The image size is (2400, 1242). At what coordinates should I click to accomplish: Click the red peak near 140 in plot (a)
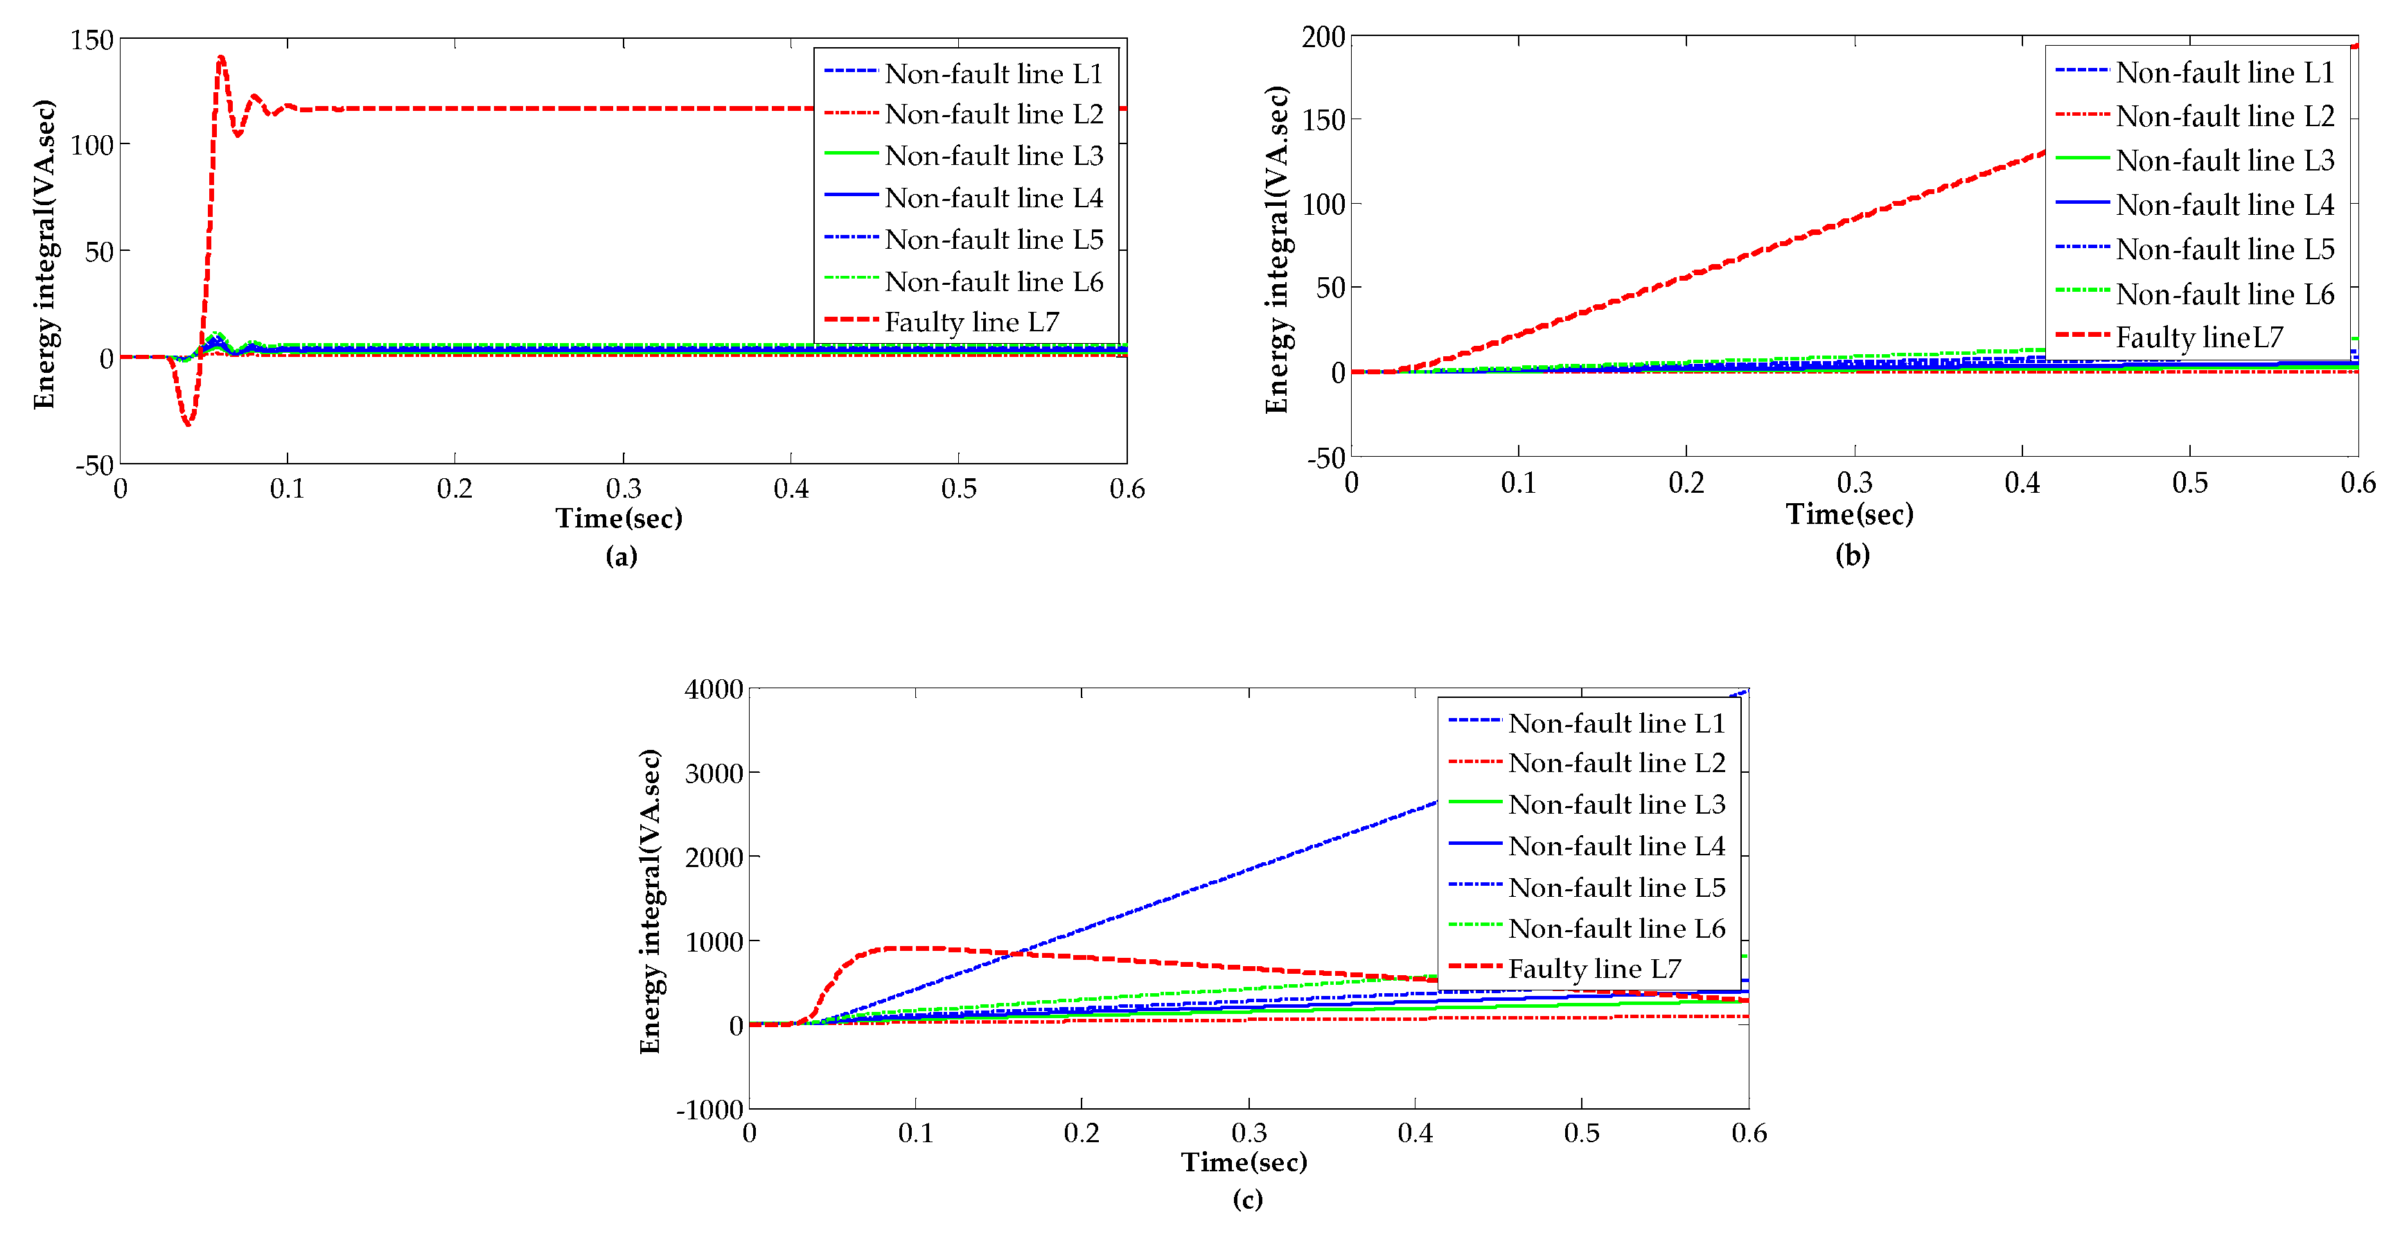point(221,58)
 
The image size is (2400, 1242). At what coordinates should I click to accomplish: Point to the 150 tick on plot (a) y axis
point(91,40)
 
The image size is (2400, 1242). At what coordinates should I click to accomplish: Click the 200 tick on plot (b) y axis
point(1323,37)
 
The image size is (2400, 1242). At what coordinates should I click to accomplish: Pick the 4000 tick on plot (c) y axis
point(714,690)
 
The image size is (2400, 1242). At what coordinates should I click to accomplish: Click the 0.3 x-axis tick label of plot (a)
point(624,488)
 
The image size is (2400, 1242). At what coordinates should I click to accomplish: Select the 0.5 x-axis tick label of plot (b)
point(2189,482)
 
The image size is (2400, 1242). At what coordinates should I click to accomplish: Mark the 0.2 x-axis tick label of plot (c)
point(1082,1133)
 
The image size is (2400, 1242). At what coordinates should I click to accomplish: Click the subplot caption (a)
point(621,557)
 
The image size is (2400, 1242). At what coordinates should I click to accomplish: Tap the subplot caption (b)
point(1852,554)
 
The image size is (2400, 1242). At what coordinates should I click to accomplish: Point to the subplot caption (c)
point(1248,1198)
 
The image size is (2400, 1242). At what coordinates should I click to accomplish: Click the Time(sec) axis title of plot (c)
point(1244,1162)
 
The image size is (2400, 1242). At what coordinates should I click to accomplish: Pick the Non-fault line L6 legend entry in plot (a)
point(992,281)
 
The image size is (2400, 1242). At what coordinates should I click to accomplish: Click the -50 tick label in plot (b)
point(1326,457)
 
